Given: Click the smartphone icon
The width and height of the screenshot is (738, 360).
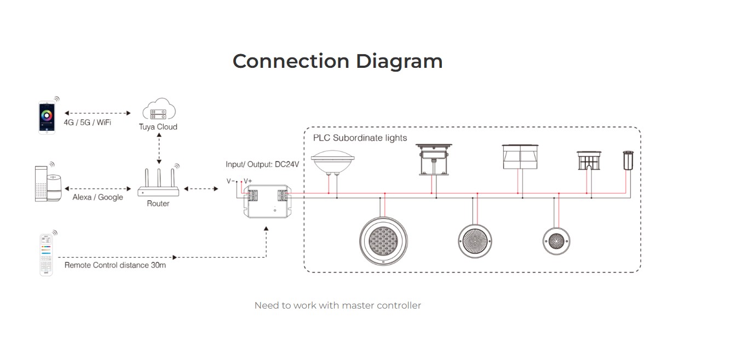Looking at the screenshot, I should point(47,117).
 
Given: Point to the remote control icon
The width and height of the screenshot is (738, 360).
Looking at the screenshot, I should point(46,254).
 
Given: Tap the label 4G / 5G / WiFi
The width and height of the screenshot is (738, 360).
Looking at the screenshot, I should point(87,123).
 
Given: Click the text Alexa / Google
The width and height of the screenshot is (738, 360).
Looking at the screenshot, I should point(97,197).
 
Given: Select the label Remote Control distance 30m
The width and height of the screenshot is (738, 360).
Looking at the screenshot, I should point(115,265).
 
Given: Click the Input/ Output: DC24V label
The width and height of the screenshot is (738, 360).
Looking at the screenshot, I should point(262,164).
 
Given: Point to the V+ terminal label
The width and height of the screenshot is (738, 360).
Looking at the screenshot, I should point(248,181).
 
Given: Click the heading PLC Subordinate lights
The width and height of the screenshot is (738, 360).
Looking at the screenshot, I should point(360,138).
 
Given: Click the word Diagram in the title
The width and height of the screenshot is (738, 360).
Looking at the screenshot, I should point(399,61).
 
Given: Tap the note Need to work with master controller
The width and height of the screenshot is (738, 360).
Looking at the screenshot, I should point(338,305).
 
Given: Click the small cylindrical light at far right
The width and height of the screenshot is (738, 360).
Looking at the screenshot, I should point(627,160).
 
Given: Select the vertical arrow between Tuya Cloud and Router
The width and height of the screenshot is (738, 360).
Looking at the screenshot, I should point(159,147).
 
